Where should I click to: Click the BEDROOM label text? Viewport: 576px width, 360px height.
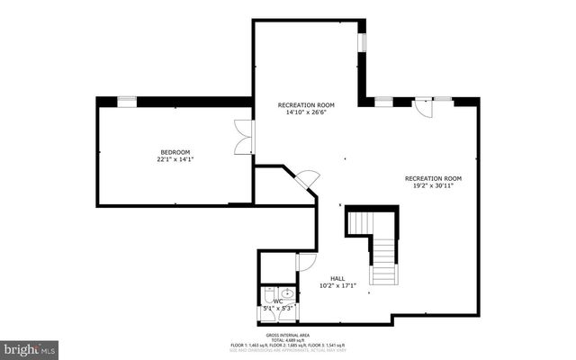click(175, 152)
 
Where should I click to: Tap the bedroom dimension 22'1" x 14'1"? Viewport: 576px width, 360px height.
click(175, 160)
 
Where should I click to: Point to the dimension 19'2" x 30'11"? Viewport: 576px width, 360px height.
click(433, 186)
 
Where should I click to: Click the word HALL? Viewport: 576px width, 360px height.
click(337, 278)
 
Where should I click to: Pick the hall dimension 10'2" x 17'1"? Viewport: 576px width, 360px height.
click(337, 286)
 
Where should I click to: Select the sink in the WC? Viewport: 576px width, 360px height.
click(287, 293)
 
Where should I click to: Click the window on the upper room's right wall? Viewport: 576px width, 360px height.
click(363, 42)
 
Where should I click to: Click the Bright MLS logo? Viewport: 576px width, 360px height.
click(30, 347)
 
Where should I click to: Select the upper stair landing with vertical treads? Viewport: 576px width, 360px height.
click(361, 222)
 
